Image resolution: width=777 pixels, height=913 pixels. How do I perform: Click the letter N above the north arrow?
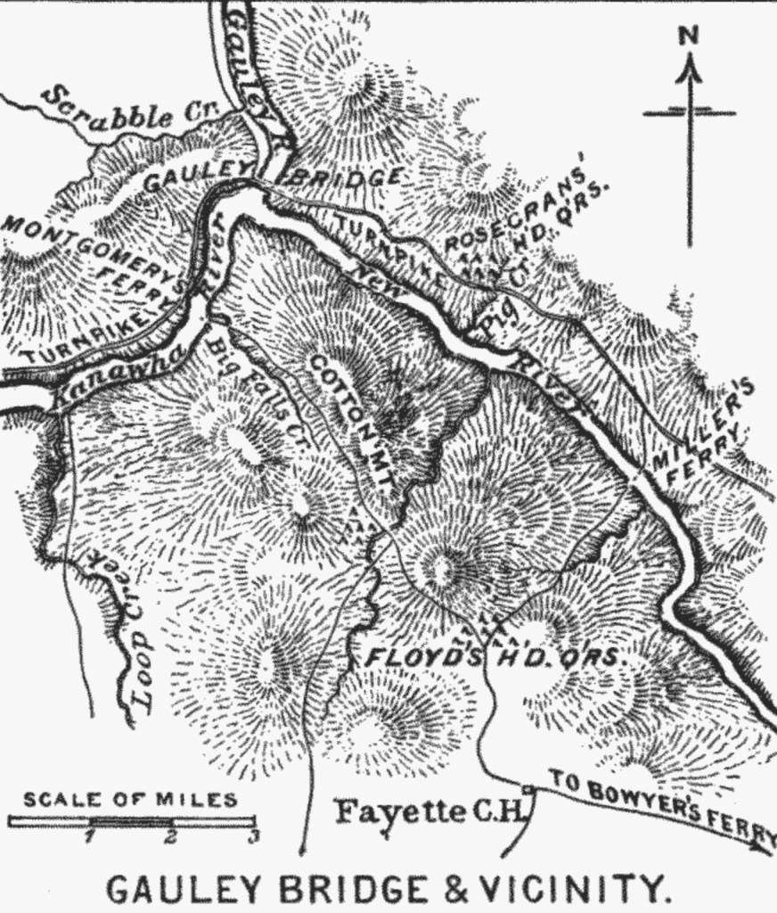[687, 35]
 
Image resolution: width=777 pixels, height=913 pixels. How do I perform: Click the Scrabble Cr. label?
[124, 111]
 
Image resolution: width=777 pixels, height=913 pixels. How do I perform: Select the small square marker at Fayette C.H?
[528, 789]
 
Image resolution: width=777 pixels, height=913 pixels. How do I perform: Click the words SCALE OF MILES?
[130, 799]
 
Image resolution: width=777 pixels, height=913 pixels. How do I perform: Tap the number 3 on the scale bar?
[253, 836]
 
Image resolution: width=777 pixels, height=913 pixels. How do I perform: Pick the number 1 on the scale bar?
[89, 836]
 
